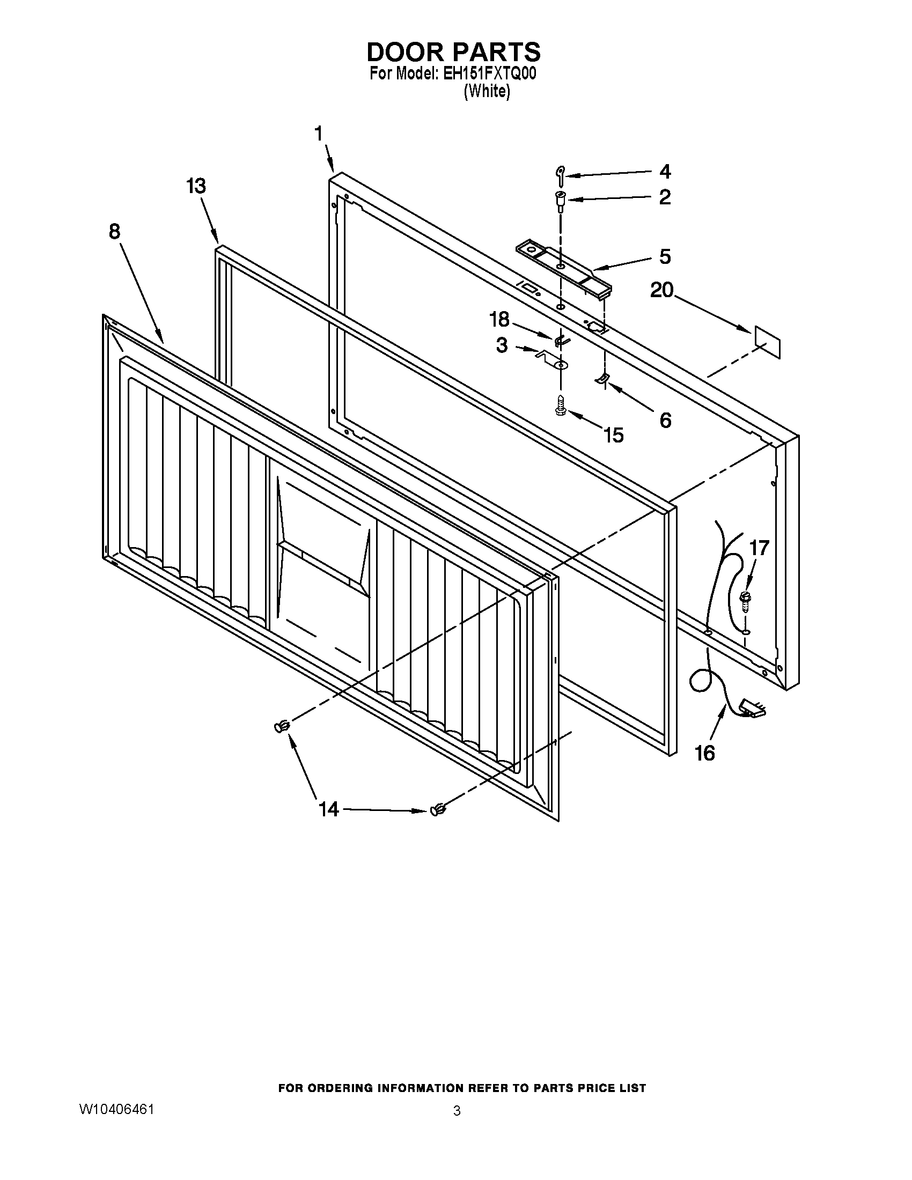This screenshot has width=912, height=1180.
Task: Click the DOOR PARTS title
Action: click(453, 52)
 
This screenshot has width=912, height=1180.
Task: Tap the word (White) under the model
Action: click(486, 91)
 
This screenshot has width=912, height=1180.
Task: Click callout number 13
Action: click(196, 186)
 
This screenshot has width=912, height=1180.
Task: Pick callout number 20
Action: click(662, 291)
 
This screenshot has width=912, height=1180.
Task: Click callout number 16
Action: click(705, 753)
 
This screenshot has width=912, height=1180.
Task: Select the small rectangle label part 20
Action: click(767, 342)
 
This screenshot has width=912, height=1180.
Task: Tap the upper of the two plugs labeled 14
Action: click(282, 727)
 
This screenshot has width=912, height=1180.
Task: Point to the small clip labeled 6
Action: click(602, 378)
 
